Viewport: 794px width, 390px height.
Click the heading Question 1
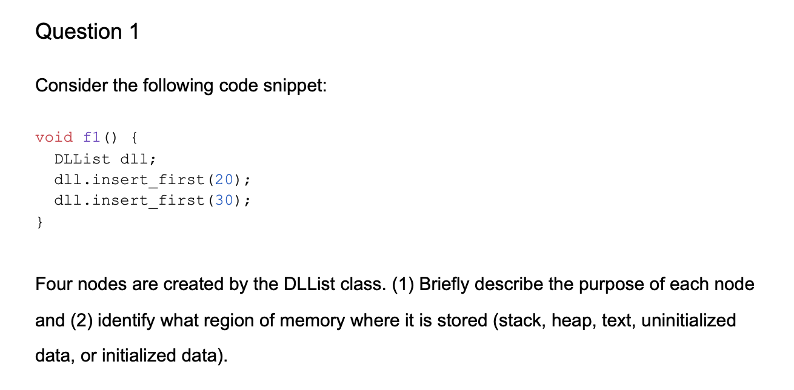[x=87, y=31]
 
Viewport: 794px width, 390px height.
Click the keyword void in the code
[x=54, y=137]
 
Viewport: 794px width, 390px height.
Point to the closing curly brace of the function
[x=40, y=222]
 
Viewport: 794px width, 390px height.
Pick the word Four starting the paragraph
[x=53, y=284]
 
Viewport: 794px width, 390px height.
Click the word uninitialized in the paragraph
[x=689, y=320]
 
